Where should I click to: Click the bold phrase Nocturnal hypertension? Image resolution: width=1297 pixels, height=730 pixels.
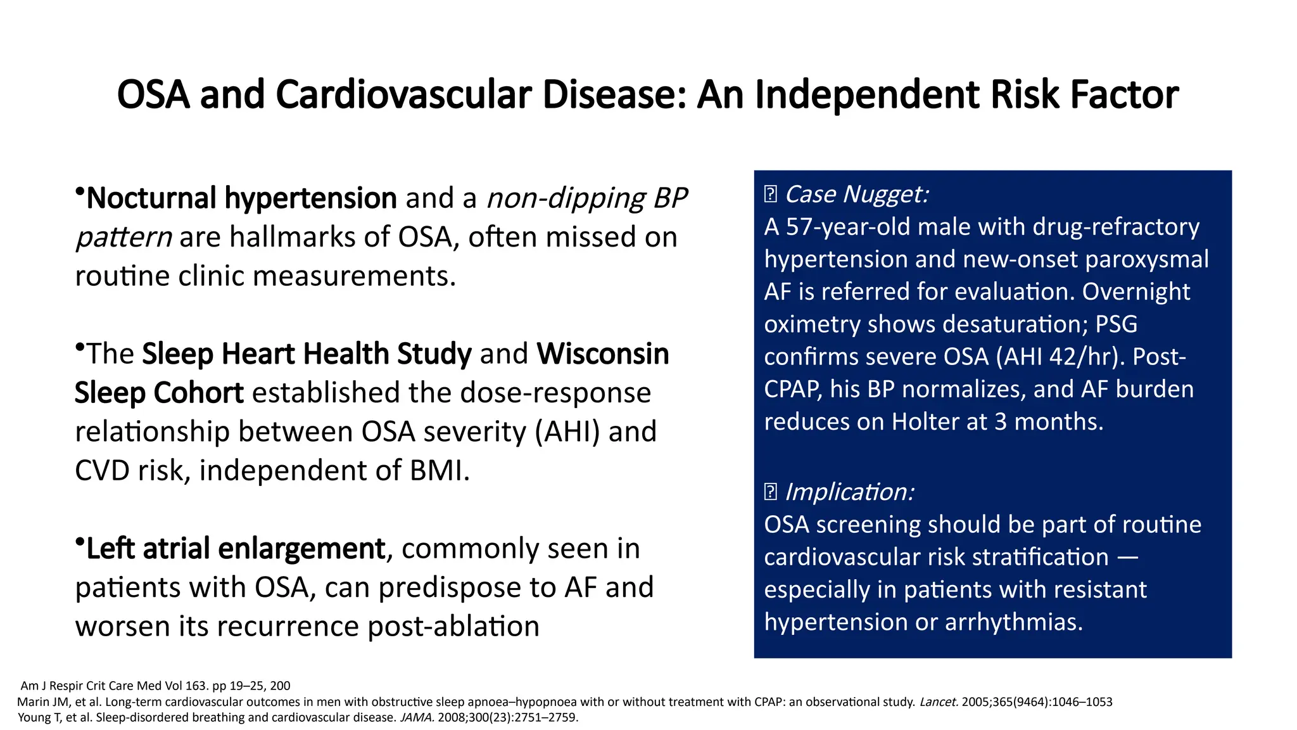click(x=241, y=198)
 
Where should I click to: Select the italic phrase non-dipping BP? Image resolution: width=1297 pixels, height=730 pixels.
click(x=586, y=198)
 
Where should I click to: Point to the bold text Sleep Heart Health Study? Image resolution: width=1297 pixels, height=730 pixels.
click(x=307, y=354)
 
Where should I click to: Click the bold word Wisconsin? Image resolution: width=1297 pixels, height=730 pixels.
click(x=603, y=354)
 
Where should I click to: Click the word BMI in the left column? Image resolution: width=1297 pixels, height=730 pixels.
click(x=436, y=471)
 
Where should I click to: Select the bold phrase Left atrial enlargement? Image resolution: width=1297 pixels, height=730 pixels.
click(x=236, y=549)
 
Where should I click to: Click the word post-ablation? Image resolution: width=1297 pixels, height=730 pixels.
click(x=453, y=627)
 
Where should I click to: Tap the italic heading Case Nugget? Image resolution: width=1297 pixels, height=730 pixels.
click(x=856, y=194)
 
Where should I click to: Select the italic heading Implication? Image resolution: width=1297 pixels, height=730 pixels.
click(x=849, y=492)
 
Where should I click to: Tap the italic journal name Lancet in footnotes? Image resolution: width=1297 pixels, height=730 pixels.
click(x=938, y=702)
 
